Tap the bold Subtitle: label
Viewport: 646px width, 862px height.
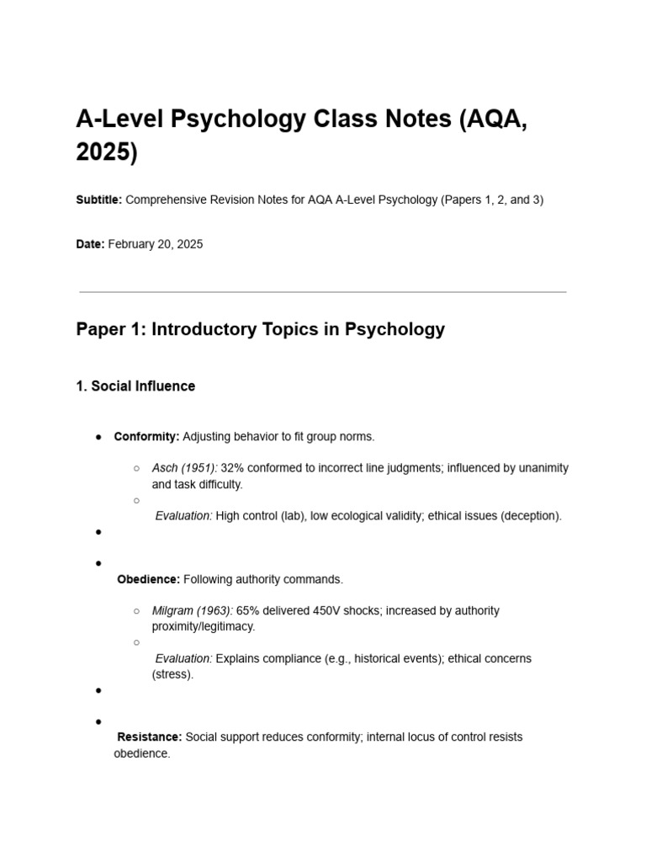pyautogui.click(x=99, y=200)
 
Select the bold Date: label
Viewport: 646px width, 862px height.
pyautogui.click(x=90, y=244)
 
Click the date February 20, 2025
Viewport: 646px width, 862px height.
pyautogui.click(x=156, y=244)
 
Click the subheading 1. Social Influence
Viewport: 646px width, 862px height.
pyautogui.click(x=135, y=386)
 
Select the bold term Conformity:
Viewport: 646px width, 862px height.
pyautogui.click(x=146, y=437)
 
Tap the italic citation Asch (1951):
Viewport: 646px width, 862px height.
pyautogui.click(x=184, y=468)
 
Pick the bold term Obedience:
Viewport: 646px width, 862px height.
pyautogui.click(x=148, y=580)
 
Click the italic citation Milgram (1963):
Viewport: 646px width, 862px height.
pyautogui.click(x=192, y=611)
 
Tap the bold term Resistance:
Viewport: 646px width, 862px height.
pyautogui.click(x=149, y=737)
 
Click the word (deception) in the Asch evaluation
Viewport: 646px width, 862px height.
pyautogui.click(x=531, y=516)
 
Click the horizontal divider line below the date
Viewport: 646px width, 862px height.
pyautogui.click(x=322, y=292)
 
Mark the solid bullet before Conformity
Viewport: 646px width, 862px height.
pyautogui.click(x=98, y=437)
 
